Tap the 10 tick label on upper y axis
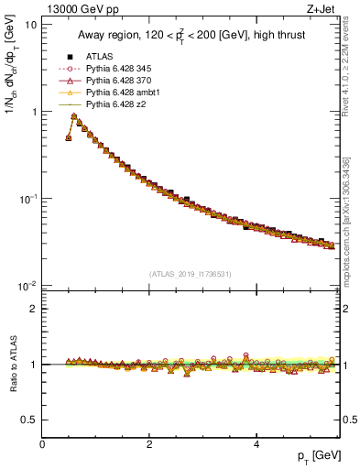[x=31, y=25]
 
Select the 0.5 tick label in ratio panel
[x=29, y=420]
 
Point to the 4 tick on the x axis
[x=255, y=445]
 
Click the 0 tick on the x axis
[x=43, y=445]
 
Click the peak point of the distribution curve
[x=73, y=116]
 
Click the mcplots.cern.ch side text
[x=346, y=229]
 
